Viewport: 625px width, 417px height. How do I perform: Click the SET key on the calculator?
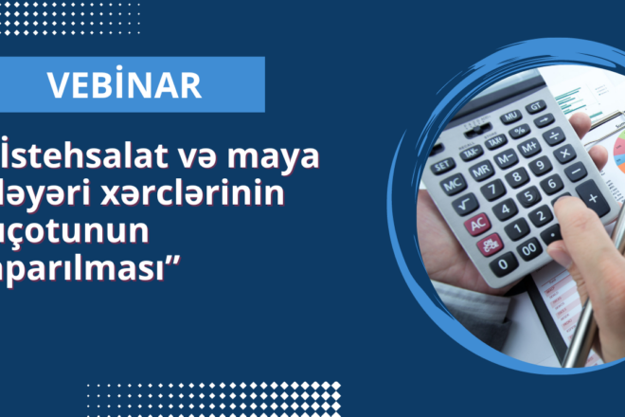tap(443, 164)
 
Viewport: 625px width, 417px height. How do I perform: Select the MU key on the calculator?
tap(512, 116)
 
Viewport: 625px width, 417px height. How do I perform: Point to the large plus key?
tap(593, 199)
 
